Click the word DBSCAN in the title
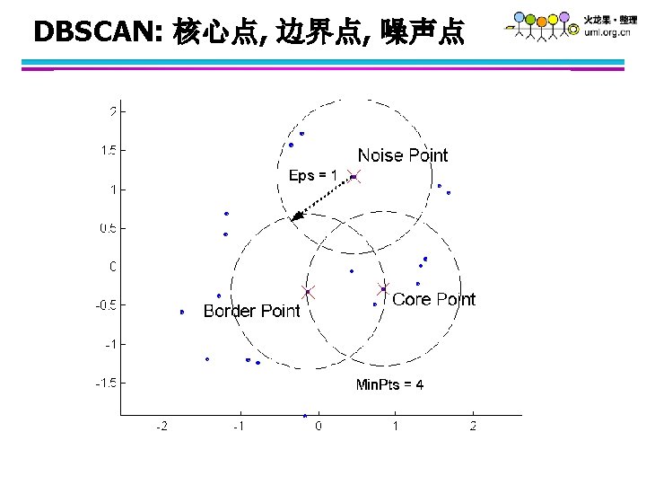coord(94,33)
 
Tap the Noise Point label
coord(402,155)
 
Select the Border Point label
coord(251,311)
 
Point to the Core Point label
coord(433,299)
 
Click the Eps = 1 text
coord(313,175)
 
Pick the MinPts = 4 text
coord(389,385)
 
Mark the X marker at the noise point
coord(354,177)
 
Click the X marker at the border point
coord(308,292)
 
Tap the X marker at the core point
coord(383,289)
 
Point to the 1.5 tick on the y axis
coord(107,150)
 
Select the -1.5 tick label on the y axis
coord(105,383)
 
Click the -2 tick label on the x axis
coord(161,426)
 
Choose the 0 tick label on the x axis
coord(319,426)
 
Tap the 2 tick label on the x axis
coord(473,426)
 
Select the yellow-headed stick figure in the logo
coord(530,19)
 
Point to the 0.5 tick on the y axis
coord(107,228)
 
